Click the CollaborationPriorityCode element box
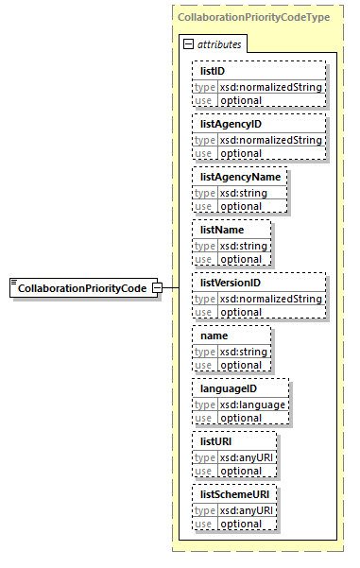tap(83, 287)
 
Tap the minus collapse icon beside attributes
tap(188, 44)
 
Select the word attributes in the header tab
tap(218, 44)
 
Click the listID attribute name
tap(214, 71)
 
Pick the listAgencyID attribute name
tap(231, 124)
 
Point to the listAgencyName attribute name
tap(239, 177)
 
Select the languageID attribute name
tap(228, 388)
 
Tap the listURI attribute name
tap(216, 441)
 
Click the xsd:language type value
tap(252, 404)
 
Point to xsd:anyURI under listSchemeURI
tap(247, 510)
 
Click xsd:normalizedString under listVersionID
tap(271, 299)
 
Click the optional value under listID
tap(241, 100)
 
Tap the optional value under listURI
tap(241, 471)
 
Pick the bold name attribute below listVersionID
tap(214, 336)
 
